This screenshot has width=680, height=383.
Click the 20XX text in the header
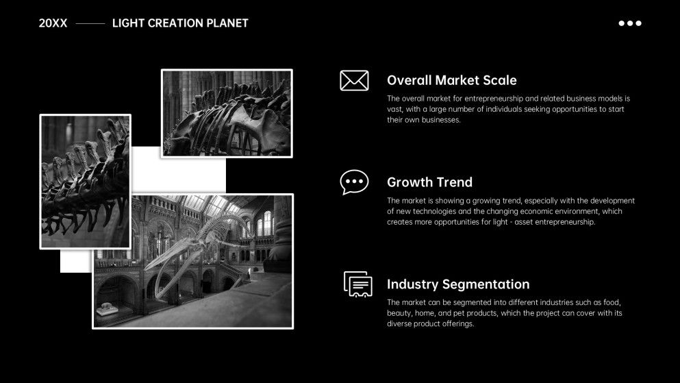53,23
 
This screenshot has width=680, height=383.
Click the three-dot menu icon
630,23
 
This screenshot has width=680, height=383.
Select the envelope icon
354,80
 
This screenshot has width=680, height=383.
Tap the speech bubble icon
354,182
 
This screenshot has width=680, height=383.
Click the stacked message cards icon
357,284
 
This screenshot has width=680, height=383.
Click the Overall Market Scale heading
451,80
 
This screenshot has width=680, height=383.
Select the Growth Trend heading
429,182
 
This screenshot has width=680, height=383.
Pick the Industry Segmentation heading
458,284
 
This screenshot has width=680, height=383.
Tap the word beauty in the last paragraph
399,313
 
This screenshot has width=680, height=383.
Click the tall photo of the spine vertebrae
86,182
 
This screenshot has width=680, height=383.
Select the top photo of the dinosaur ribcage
227,113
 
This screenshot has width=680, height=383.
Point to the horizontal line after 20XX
90,23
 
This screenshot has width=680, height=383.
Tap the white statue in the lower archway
107,308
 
